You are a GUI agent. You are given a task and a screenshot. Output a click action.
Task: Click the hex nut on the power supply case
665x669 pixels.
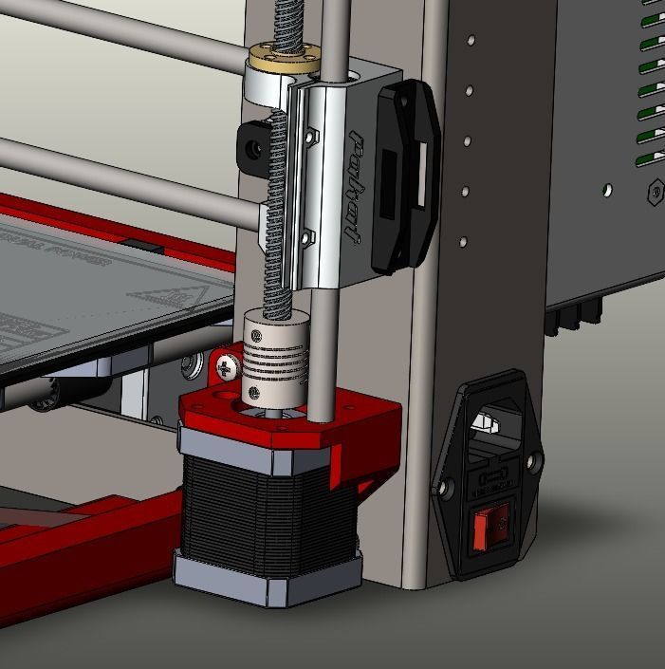click(655, 194)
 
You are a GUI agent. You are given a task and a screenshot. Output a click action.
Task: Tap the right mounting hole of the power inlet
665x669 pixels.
click(537, 462)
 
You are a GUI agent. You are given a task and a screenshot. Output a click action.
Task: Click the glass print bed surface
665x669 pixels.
click(95, 294)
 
